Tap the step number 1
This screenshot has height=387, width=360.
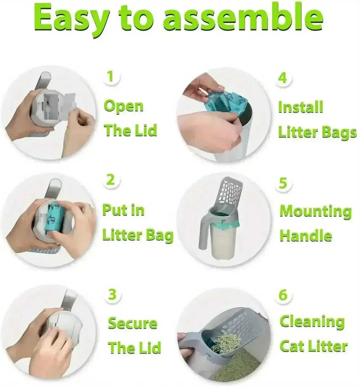(110, 77)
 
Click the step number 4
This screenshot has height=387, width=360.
(282, 78)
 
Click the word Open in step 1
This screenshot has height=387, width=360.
(123, 106)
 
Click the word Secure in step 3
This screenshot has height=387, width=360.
(132, 323)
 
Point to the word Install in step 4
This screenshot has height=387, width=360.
(301, 107)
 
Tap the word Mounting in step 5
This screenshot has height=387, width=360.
(315, 211)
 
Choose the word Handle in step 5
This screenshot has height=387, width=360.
(306, 236)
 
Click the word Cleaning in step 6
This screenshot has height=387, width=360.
(312, 322)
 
